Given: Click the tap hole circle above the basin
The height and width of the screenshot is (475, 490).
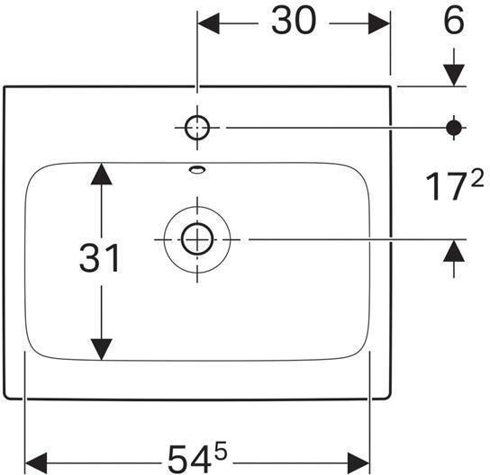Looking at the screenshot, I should (x=196, y=129).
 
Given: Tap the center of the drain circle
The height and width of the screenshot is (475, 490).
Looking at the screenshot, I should (x=195, y=239).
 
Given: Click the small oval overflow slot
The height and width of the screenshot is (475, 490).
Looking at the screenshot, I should (x=196, y=168).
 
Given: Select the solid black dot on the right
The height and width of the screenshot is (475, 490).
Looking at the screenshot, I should (x=454, y=128).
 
